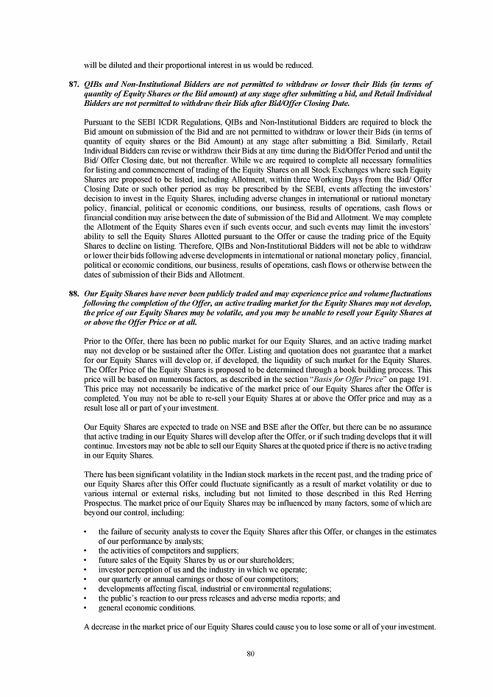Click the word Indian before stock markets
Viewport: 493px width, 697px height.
233,474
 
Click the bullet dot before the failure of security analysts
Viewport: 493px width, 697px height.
87,531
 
